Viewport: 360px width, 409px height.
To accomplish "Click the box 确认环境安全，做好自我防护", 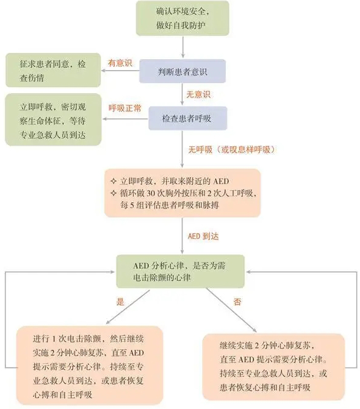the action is click(x=182, y=18).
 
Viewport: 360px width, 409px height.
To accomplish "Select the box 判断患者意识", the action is click(x=182, y=71).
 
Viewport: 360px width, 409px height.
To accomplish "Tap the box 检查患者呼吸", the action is click(x=188, y=118).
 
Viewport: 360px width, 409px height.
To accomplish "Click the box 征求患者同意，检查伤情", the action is click(x=53, y=70).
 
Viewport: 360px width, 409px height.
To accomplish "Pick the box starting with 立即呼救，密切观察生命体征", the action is click(x=53, y=119).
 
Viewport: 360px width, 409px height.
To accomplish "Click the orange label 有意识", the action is click(x=120, y=63).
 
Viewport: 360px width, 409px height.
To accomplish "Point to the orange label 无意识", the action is click(x=198, y=94).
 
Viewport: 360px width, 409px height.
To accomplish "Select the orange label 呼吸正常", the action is click(x=125, y=108).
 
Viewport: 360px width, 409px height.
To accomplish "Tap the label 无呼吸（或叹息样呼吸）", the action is click(x=231, y=149).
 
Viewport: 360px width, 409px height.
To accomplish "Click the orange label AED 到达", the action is click(x=203, y=237).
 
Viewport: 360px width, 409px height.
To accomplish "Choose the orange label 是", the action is click(x=120, y=302).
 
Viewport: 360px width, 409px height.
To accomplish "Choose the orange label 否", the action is click(x=237, y=302).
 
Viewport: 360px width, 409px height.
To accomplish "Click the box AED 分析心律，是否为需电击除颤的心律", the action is click(x=181, y=271).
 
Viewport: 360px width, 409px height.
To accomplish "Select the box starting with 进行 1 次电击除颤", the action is click(x=90, y=366).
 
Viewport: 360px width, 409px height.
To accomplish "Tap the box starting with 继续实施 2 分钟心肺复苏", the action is click(x=273, y=367).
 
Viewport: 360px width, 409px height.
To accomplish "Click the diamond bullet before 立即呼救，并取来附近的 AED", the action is click(x=113, y=181).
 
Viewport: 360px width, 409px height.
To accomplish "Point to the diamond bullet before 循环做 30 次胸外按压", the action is click(x=113, y=193).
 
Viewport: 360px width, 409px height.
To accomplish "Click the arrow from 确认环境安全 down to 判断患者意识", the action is click(x=182, y=47).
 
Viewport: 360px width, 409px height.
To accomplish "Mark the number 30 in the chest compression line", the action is click(x=151, y=194).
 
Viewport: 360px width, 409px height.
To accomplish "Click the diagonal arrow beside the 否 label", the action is click(x=231, y=310).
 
